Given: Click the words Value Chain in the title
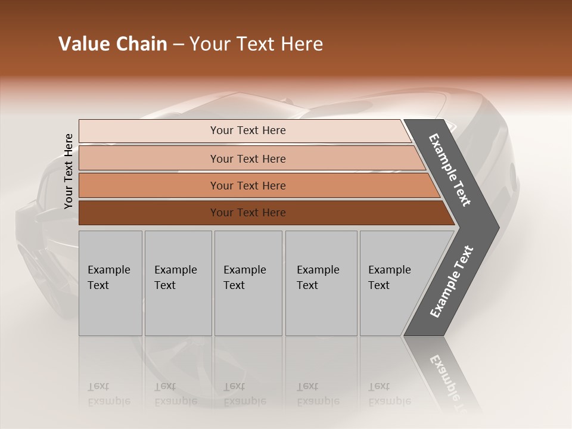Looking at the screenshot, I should (x=113, y=44).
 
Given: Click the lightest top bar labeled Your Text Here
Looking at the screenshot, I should (x=248, y=130).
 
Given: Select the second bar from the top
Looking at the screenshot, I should (x=248, y=158).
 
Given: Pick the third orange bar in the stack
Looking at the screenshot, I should (x=248, y=185).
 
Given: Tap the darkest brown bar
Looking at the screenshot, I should (x=248, y=213).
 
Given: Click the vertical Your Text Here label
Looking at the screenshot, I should (x=69, y=171).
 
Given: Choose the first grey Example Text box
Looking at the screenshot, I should (x=110, y=283).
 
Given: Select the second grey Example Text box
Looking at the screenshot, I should (x=178, y=283).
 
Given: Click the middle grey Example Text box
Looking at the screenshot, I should (x=248, y=283).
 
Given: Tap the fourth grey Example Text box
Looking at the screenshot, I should (x=321, y=283).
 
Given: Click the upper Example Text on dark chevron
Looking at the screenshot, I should (x=450, y=170).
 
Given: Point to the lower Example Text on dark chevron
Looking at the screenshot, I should (x=451, y=281).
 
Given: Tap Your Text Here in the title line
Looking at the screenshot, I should (x=256, y=44).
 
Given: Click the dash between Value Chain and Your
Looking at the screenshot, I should (x=178, y=45).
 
